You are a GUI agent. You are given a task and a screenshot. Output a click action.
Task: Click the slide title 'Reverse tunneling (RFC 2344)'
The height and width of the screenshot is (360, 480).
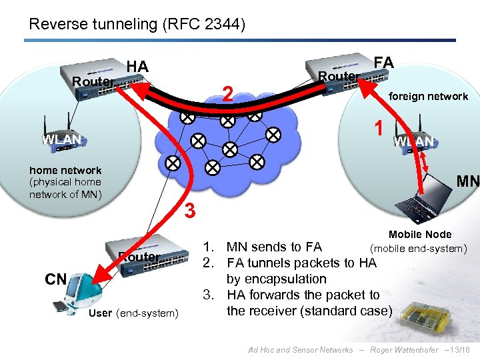pyautogui.click(x=137, y=25)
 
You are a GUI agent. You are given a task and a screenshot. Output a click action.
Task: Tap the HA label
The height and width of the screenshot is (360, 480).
pyautogui.click(x=137, y=66)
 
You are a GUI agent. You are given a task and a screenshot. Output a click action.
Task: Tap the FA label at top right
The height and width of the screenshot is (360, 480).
pyautogui.click(x=383, y=63)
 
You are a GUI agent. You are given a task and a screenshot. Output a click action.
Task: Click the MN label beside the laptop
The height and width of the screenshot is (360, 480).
pyautogui.click(x=467, y=181)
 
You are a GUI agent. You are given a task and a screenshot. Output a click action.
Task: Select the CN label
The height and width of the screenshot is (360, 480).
pyautogui.click(x=55, y=279)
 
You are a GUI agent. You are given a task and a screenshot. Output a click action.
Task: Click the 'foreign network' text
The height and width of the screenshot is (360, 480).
pyautogui.click(x=428, y=97)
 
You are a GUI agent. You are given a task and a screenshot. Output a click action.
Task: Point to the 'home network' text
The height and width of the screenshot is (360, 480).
pyautogui.click(x=65, y=171)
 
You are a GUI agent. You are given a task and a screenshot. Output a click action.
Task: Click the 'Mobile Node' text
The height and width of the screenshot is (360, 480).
pyautogui.click(x=420, y=234)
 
